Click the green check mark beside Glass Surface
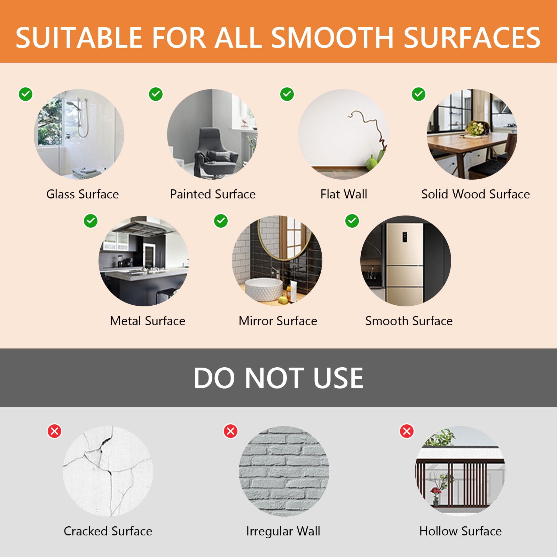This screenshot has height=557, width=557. (x=25, y=94)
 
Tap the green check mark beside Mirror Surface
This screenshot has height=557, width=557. (x=221, y=221)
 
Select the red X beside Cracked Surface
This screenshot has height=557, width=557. (x=55, y=431)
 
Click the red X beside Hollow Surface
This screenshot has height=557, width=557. (x=407, y=431)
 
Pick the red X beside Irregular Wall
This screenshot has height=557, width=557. (x=230, y=431)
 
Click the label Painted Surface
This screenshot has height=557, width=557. (x=213, y=194)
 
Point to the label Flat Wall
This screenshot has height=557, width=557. (x=344, y=194)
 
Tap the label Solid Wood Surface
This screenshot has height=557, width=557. (x=476, y=194)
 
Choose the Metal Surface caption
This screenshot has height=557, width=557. (x=148, y=321)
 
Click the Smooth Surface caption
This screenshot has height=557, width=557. (x=409, y=321)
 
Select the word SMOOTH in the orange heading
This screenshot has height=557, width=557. (x=332, y=38)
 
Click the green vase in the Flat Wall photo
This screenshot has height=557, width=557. (x=372, y=162)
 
